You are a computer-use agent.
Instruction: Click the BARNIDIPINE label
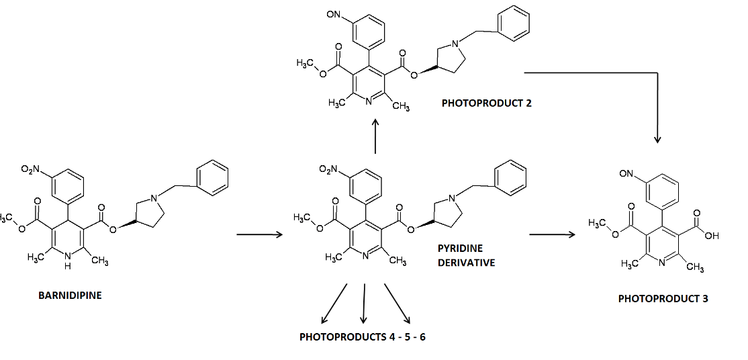[71, 295]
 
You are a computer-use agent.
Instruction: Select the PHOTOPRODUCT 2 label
[487, 103]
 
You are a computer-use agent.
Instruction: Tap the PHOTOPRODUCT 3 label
[663, 299]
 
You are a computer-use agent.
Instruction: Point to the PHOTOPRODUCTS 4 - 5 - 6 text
[363, 336]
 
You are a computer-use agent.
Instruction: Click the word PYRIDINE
[460, 249]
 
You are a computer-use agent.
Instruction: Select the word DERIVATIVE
[466, 263]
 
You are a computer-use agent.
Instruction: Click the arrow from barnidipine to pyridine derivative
[260, 235]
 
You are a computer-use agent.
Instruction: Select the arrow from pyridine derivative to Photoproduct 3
[552, 234]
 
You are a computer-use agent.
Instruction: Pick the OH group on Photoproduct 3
[712, 236]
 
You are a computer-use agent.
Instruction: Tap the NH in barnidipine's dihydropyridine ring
[66, 261]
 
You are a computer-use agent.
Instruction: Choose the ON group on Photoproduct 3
[626, 174]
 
